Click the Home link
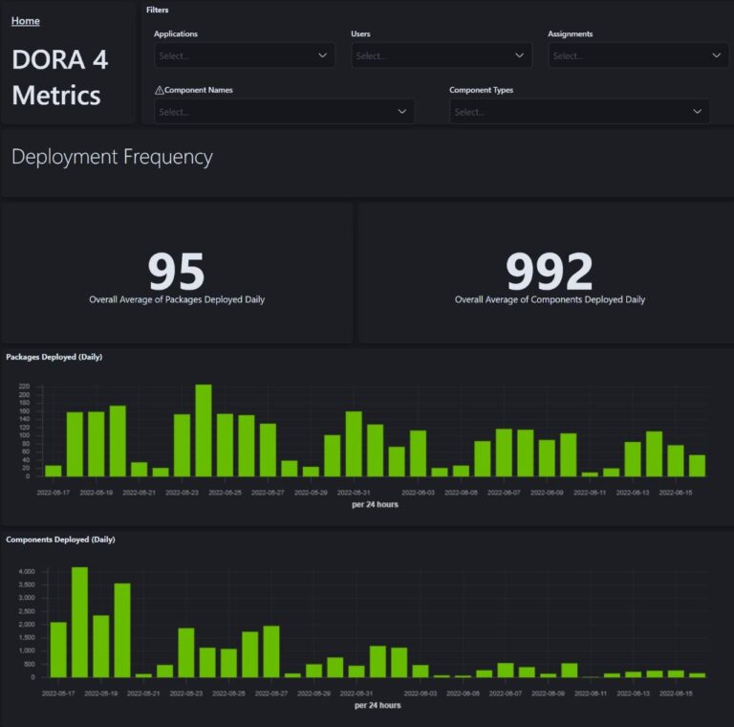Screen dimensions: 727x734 (25, 21)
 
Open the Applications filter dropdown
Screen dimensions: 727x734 (245, 55)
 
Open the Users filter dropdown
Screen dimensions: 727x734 (442, 55)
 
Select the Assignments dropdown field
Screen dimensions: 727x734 (638, 55)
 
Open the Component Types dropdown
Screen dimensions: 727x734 (579, 112)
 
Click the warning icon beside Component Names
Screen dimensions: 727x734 (159, 90)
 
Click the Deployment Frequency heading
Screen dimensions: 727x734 (112, 157)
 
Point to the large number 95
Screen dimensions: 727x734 (177, 272)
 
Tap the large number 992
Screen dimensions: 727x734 (550, 272)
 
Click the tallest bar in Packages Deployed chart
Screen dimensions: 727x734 (204, 430)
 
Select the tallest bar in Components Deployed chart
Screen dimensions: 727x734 (79, 622)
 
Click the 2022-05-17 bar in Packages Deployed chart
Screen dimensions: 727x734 (54, 471)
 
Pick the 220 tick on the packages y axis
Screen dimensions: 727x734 (25, 386)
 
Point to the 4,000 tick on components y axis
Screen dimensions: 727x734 (27, 572)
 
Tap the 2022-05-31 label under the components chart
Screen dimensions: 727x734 (356, 694)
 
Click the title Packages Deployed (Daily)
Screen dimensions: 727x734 (54, 357)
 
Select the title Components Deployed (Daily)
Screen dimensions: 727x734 (60, 540)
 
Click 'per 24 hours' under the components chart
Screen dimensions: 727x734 (377, 706)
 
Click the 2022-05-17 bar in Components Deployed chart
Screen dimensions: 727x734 (58, 650)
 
